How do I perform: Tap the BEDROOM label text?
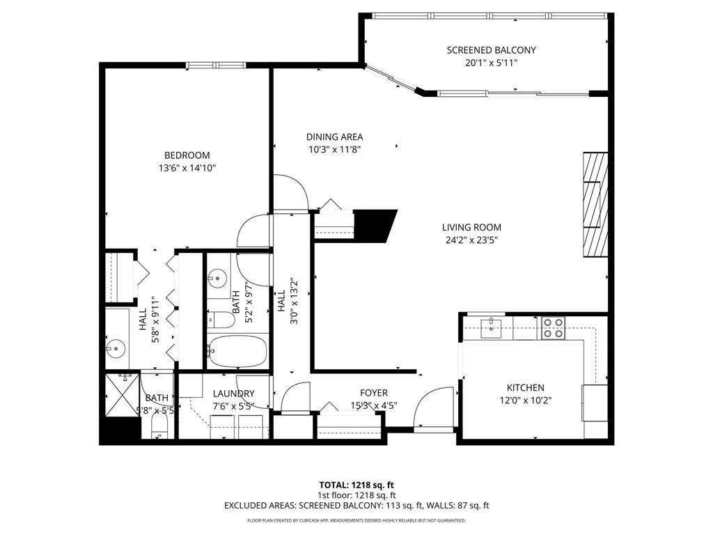(187, 155)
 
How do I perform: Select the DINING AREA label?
(334, 137)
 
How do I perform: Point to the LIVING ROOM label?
(471, 227)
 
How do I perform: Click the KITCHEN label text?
(525, 388)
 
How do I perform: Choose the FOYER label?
(374, 393)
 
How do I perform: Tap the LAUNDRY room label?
(233, 394)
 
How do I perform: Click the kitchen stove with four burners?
(553, 327)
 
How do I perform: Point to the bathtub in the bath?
(237, 352)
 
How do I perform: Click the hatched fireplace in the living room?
(595, 204)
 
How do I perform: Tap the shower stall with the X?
(120, 395)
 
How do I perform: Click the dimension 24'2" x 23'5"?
(471, 240)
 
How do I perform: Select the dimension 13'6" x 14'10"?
(187, 168)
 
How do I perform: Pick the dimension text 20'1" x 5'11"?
(491, 63)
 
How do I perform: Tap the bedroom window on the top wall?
(216, 65)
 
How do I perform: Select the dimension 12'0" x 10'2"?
(525, 401)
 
